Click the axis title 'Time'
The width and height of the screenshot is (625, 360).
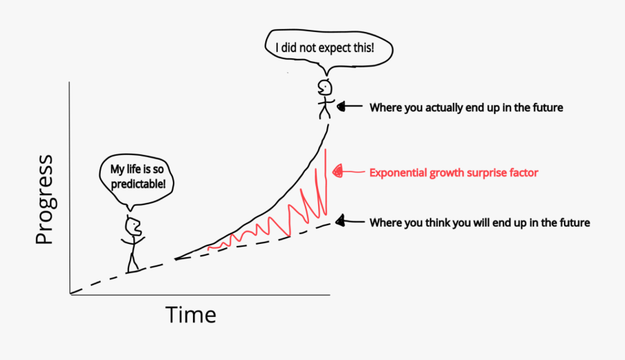click(191, 315)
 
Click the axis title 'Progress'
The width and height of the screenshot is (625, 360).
click(44, 200)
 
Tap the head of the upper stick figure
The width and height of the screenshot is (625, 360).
click(324, 88)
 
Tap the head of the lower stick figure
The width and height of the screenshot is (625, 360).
click(133, 226)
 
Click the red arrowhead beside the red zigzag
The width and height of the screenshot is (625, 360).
click(338, 170)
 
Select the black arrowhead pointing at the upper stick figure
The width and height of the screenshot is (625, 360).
click(340, 107)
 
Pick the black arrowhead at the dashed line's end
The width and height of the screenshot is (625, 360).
click(340, 222)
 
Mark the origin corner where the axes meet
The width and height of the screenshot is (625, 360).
click(70, 294)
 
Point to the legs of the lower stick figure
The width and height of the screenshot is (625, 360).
click(132, 261)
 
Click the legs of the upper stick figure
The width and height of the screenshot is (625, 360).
click(324, 112)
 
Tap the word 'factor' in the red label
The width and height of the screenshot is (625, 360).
click(522, 172)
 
